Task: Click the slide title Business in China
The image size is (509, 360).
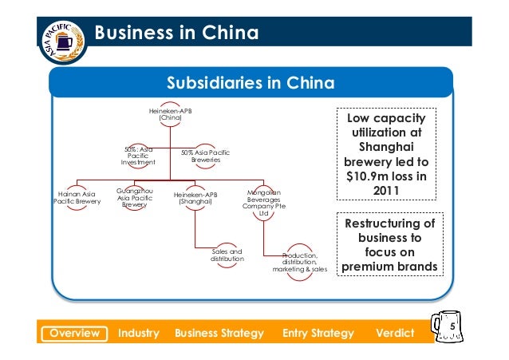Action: click(x=176, y=34)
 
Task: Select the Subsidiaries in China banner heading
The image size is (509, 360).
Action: click(x=250, y=84)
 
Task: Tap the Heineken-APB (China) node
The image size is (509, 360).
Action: click(x=171, y=113)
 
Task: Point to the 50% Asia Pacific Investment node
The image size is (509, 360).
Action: click(x=138, y=155)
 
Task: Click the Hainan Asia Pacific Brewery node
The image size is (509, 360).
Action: click(x=77, y=197)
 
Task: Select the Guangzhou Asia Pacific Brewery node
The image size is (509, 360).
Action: click(x=135, y=198)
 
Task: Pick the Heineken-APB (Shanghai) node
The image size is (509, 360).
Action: click(x=195, y=197)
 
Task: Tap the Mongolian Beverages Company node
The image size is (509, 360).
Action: click(x=264, y=202)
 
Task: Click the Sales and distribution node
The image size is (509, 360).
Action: click(x=227, y=255)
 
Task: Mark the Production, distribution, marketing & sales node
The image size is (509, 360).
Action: click(x=299, y=262)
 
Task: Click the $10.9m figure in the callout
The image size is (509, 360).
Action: click(x=367, y=176)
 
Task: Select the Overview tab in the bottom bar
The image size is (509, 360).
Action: click(x=74, y=332)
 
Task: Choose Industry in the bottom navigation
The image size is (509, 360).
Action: click(x=138, y=332)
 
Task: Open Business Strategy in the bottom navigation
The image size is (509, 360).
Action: click(x=219, y=332)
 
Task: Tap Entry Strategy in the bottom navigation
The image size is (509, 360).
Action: click(x=317, y=332)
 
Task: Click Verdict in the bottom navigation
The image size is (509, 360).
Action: click(x=394, y=332)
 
